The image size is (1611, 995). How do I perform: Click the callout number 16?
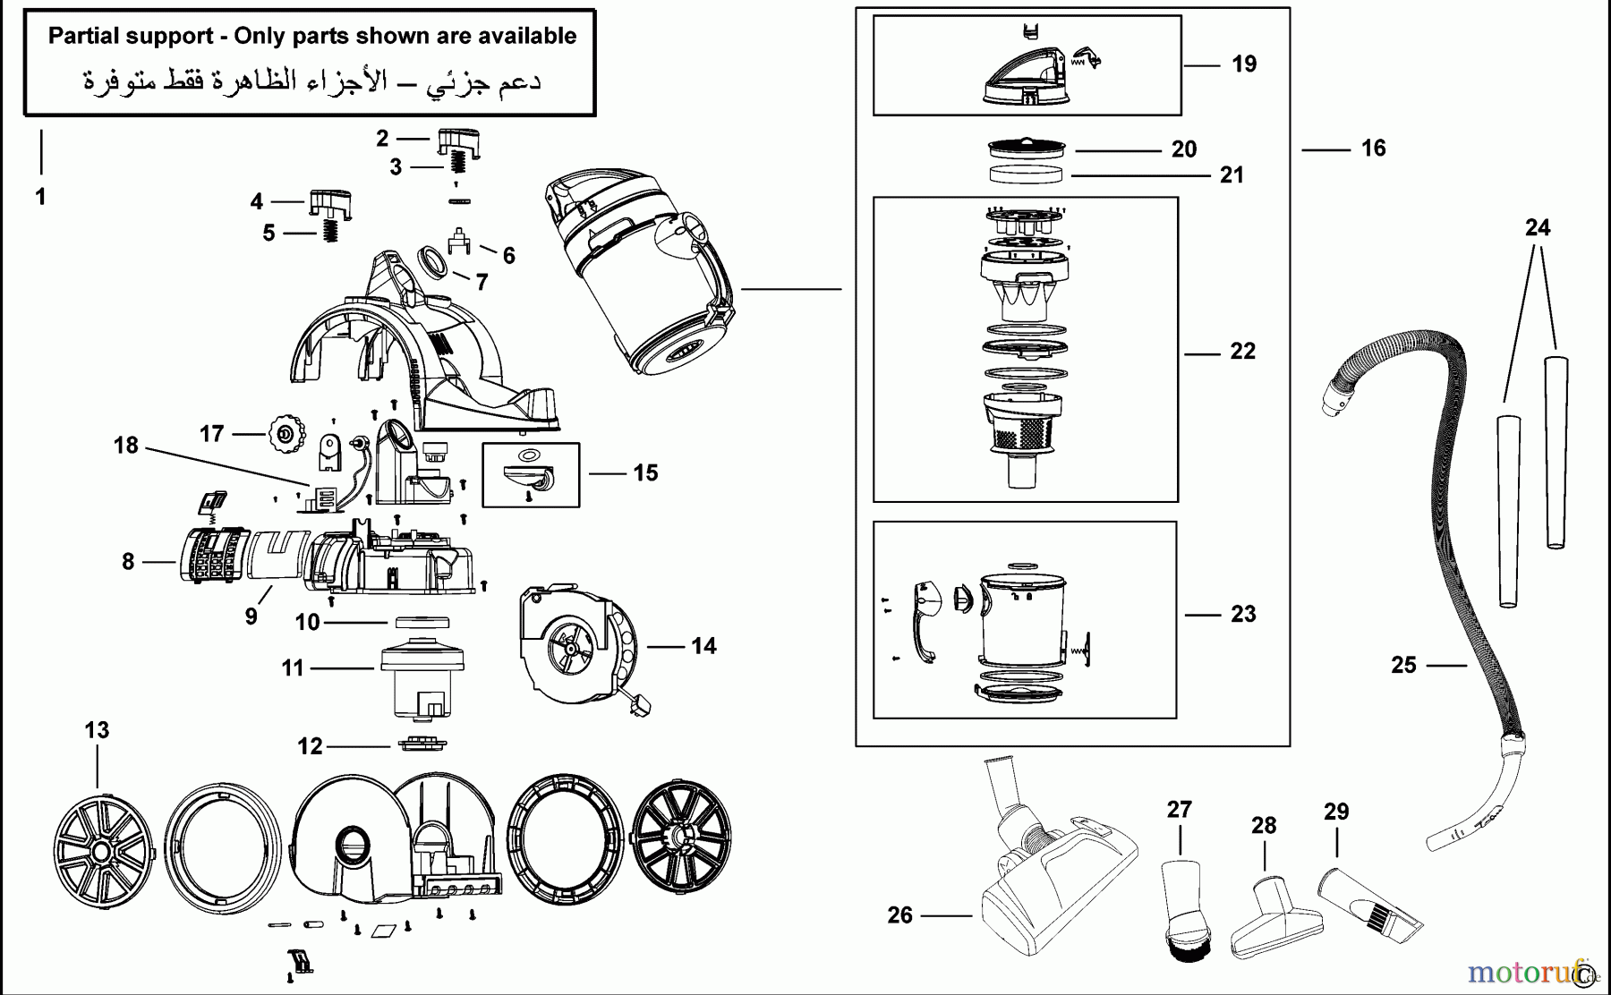tap(1373, 149)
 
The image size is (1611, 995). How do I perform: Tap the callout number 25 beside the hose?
tap(1403, 665)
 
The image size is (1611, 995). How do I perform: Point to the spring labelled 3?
tap(458, 164)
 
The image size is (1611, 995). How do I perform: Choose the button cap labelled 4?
tap(329, 202)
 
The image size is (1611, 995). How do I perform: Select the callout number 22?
tap(1242, 352)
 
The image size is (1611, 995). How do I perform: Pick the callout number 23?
tap(1243, 614)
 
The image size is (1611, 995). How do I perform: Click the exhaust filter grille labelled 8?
tap(212, 555)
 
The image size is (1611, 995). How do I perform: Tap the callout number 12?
tap(310, 746)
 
